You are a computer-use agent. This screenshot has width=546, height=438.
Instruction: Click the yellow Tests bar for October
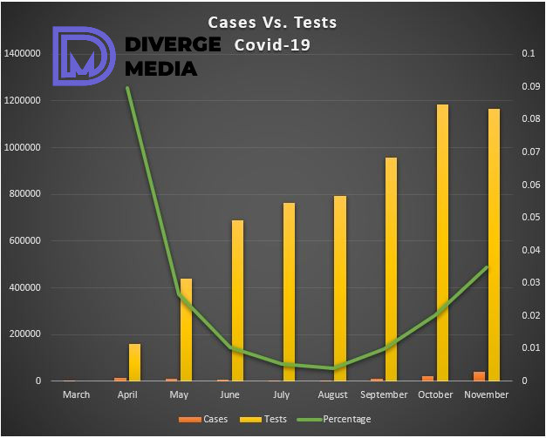(x=443, y=243)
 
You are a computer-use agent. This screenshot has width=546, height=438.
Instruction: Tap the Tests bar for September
(x=392, y=269)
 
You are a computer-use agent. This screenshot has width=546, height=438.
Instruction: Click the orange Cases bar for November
(x=480, y=376)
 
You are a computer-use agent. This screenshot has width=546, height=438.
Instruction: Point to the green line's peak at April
(x=128, y=88)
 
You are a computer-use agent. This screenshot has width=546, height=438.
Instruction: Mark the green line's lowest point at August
(x=333, y=368)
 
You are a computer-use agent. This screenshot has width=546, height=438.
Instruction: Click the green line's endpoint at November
(x=487, y=267)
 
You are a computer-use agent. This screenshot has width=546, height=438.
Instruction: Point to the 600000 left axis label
(x=24, y=241)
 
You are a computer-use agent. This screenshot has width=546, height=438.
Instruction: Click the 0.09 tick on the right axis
(x=529, y=87)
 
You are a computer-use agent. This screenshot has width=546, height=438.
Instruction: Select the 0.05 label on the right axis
(x=529, y=218)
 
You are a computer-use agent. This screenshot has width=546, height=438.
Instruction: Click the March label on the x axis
(x=76, y=395)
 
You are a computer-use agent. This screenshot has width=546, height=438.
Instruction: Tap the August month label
(x=333, y=395)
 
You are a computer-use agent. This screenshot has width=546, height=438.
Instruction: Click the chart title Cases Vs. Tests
(x=271, y=22)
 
